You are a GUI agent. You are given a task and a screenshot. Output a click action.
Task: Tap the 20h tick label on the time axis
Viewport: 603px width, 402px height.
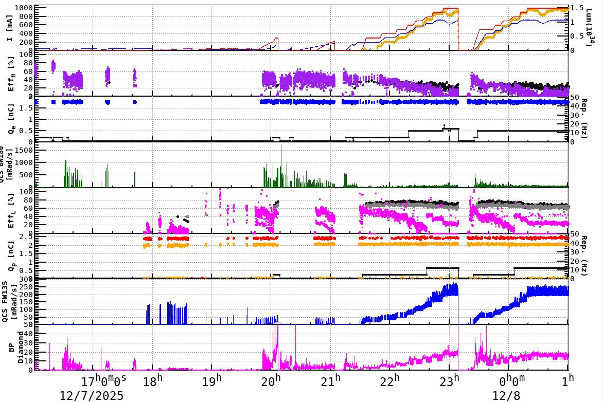[271, 382]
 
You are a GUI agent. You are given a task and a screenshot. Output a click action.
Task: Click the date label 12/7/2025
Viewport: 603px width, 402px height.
[91, 395]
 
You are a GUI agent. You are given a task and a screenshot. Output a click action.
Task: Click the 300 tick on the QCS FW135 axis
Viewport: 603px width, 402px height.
[26, 279]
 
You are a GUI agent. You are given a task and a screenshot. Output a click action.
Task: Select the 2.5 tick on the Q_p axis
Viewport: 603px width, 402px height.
[26, 236]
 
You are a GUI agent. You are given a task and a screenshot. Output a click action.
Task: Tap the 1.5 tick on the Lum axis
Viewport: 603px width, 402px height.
[578, 8]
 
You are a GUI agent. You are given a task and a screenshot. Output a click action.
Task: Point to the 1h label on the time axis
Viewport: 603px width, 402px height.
[567, 382]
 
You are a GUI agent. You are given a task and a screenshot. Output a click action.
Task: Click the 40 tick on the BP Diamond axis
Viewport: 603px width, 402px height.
[27, 333]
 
